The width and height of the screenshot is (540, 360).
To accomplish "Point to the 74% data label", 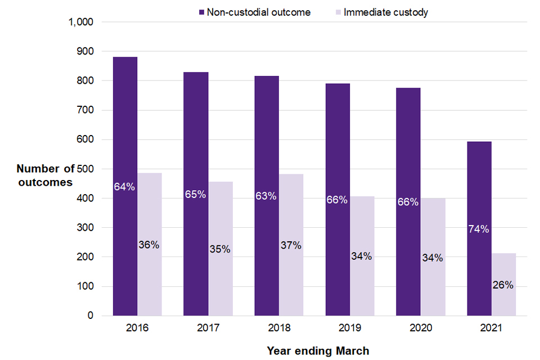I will (x=479, y=229).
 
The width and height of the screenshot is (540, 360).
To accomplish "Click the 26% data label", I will (x=503, y=285).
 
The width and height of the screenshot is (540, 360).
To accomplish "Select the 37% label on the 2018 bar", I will (x=291, y=245).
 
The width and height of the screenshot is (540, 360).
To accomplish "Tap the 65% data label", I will (x=196, y=194).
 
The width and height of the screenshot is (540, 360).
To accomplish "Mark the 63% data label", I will (x=266, y=196).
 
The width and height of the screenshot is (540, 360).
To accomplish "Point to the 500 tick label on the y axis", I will (x=85, y=169).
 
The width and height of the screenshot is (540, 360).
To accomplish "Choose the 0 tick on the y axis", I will (x=90, y=316).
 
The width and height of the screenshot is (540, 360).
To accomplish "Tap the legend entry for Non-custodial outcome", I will (x=254, y=12).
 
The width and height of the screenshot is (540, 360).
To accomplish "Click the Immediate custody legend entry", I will (x=383, y=12).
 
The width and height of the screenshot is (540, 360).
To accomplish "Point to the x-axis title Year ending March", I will (x=318, y=351).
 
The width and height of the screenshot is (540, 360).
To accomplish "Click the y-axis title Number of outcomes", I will (x=46, y=175).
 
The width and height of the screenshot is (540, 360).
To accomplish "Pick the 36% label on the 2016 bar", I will (x=149, y=245).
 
